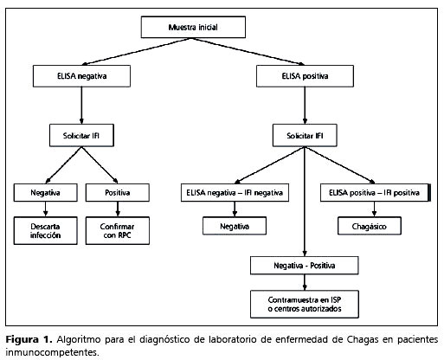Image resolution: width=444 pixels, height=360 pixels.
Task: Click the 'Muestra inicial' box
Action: (193, 27)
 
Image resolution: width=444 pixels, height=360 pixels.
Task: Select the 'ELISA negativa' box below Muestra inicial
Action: (81, 76)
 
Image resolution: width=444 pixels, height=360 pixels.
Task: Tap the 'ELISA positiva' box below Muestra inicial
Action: (305, 76)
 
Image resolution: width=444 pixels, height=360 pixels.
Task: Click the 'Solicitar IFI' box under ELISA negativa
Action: (81, 135)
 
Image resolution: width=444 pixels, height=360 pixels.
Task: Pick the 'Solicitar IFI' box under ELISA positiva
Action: (305, 135)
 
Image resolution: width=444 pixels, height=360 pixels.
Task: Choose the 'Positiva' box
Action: (118, 192)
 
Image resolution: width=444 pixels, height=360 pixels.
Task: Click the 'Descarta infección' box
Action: (45, 231)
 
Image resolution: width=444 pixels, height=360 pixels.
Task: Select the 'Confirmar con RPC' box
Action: (118, 231)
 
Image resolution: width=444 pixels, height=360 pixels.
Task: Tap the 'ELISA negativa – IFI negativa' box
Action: (235, 192)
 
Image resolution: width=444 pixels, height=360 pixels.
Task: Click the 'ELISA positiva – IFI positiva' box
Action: (375, 192)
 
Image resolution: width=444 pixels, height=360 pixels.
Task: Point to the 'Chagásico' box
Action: (370, 226)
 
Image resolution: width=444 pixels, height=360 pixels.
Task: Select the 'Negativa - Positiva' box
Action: (305, 266)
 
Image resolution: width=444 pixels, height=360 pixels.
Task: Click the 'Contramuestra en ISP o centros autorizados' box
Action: (305, 305)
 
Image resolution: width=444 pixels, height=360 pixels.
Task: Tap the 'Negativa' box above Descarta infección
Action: (45, 192)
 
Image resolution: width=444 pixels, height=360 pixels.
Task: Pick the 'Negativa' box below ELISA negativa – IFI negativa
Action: (235, 226)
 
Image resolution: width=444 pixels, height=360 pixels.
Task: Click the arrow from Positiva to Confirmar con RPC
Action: (118, 209)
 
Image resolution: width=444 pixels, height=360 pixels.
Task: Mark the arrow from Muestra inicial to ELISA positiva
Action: (248, 51)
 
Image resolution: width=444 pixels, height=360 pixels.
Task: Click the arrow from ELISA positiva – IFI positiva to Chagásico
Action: (374, 209)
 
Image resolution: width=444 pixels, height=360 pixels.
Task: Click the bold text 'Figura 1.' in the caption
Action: (29, 339)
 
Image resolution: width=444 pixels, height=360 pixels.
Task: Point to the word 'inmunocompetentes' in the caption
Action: (52, 352)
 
